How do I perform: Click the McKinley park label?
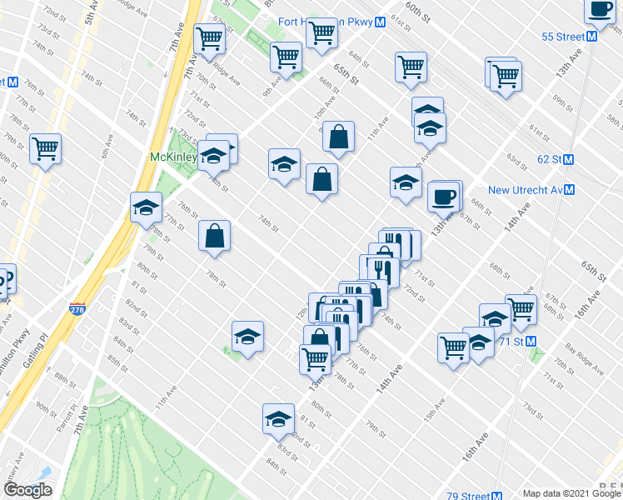[x=172, y=157]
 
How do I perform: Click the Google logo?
[x=27, y=490]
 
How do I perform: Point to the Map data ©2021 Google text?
[x=571, y=493]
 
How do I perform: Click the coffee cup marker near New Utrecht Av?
[x=443, y=197]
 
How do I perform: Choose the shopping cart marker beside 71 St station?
[x=521, y=309]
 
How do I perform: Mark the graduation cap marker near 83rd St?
[x=278, y=419]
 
